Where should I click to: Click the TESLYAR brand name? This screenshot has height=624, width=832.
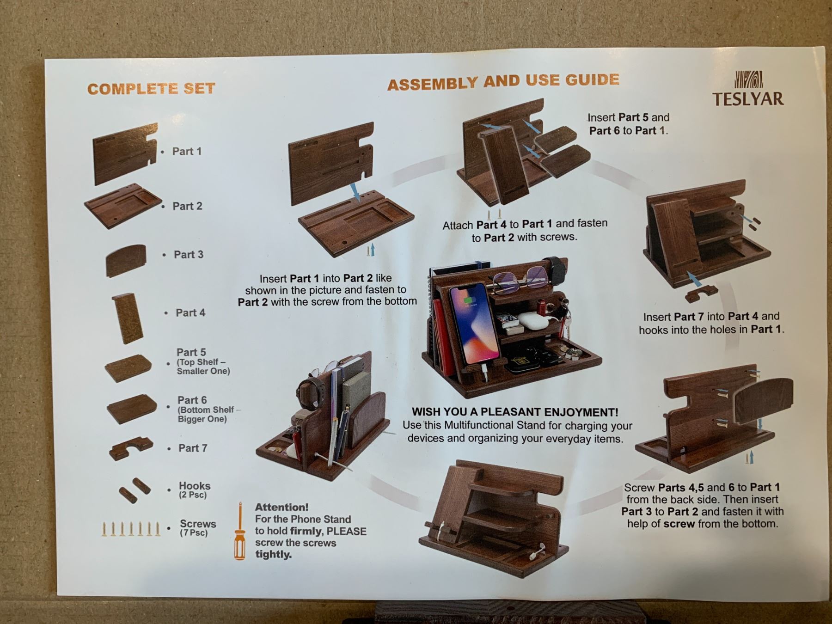(747, 99)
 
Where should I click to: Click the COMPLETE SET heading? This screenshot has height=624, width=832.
(151, 89)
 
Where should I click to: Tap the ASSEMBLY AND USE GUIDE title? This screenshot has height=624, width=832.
(503, 82)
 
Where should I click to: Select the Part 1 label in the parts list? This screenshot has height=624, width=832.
(187, 151)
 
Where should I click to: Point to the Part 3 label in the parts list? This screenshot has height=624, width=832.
(189, 254)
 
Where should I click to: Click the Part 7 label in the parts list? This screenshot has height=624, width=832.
(193, 448)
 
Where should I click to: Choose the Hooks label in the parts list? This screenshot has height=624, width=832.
(195, 486)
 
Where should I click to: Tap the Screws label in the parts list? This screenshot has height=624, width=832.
(198, 524)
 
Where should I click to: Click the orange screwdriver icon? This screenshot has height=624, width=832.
(239, 531)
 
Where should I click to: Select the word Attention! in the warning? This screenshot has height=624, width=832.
(281, 507)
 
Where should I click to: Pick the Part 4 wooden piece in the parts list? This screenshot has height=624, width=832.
(127, 318)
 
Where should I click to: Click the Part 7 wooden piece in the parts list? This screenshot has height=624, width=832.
(131, 448)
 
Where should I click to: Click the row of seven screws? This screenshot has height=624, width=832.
(131, 529)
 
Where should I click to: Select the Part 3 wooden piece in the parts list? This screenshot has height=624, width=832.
(126, 261)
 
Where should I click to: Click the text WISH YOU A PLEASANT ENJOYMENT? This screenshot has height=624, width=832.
(515, 412)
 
